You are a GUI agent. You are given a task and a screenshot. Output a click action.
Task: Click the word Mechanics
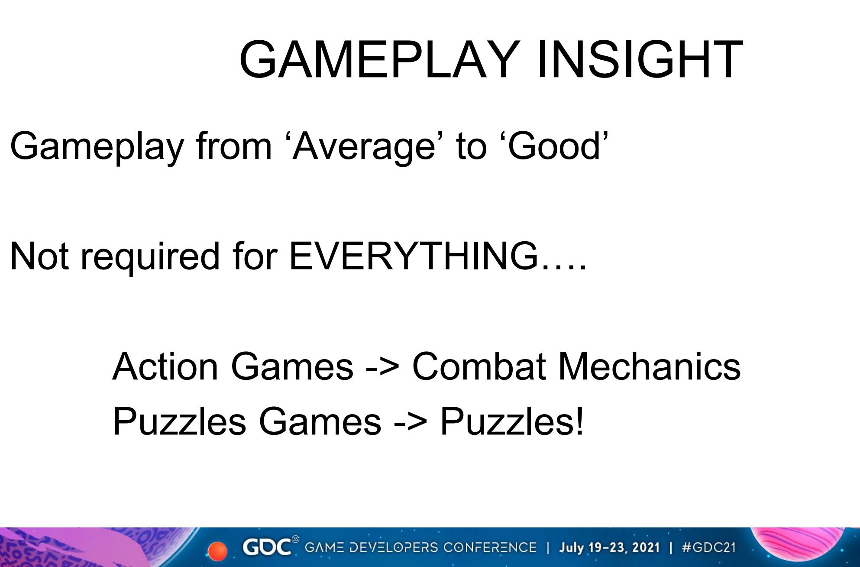[650, 366]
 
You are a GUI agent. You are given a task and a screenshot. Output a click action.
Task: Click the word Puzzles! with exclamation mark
[512, 421]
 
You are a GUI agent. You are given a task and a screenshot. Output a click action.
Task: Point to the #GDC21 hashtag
[708, 548]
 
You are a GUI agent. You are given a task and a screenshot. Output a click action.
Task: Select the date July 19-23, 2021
[609, 548]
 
